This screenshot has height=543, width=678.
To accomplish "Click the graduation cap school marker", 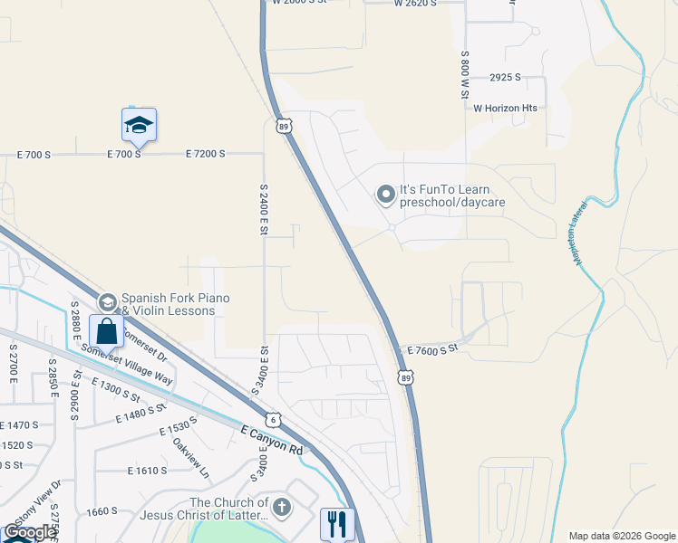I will tap(139, 125).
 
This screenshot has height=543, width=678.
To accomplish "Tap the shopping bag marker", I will tap(107, 332).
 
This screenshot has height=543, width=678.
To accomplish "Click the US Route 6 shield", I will tap(273, 420).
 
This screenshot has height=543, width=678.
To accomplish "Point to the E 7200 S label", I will tap(205, 154).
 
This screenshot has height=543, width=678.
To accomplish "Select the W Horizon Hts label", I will tap(505, 108).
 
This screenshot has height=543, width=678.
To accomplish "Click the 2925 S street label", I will tap(505, 78).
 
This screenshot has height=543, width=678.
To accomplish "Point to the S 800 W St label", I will tap(464, 74).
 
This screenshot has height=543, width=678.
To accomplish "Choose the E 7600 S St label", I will tap(433, 348).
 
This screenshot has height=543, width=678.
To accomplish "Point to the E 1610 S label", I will tap(148, 471).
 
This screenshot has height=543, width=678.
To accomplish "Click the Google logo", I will tap(30, 533).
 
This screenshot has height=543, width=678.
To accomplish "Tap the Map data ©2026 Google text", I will tap(621, 536).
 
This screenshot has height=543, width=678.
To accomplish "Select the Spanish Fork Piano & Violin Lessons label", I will tap(175, 304).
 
